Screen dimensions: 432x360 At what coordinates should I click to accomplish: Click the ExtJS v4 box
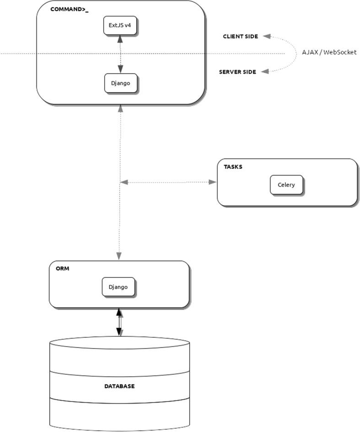coord(120,25)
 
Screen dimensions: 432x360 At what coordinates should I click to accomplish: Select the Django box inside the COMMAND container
coord(121,83)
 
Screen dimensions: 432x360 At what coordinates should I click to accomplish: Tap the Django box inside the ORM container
coord(118,287)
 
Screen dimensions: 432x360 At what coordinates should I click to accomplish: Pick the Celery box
coord(286,185)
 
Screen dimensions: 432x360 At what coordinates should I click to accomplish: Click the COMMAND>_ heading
coord(70,9)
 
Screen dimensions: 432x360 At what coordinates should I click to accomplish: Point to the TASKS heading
coord(233,167)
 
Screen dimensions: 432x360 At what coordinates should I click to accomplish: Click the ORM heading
coord(62,269)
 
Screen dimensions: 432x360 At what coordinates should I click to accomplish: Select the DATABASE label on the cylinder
coord(119,386)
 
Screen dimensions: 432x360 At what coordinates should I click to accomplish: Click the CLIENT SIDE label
coord(240,36)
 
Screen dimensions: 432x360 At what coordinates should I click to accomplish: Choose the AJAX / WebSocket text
coord(329,52)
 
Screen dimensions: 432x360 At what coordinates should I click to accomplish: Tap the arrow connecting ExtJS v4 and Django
coord(120,54)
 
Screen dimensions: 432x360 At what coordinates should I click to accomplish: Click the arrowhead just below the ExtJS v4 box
coord(120,40)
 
